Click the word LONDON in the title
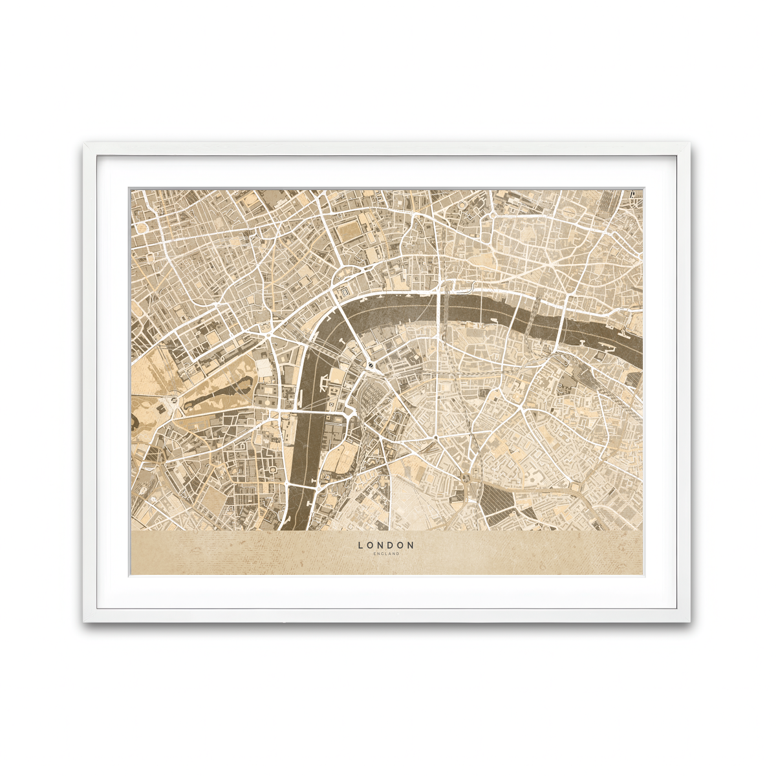point(386,545)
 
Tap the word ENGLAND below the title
point(386,554)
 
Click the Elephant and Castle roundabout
point(465,479)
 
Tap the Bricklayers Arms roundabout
point(572,485)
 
